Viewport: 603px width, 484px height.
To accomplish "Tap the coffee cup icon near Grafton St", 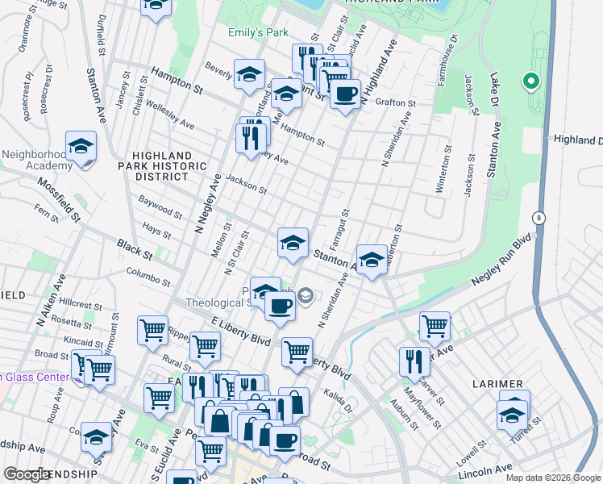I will click(x=346, y=94).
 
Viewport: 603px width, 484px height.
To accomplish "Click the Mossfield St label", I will click(x=58, y=200).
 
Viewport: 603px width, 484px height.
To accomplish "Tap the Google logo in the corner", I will click(x=27, y=474).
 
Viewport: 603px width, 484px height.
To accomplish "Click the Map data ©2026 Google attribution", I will click(x=552, y=477).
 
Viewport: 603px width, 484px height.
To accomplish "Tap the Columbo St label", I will click(x=148, y=277).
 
